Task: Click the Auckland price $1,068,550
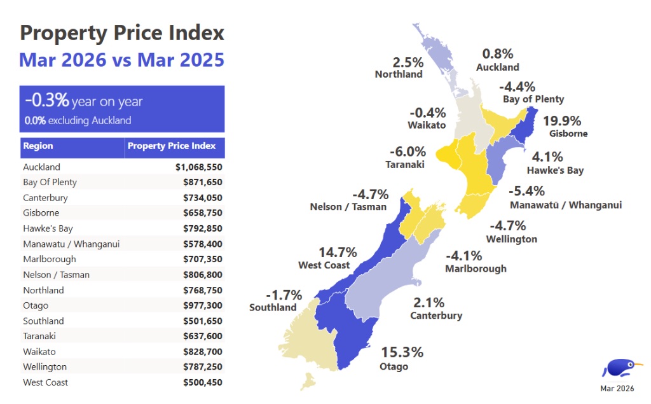[x=198, y=167]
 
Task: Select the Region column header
[x=38, y=146]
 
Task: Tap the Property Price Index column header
[x=172, y=146]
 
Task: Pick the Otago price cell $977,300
[x=203, y=305]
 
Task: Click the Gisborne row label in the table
[x=41, y=212]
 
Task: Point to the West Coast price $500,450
[x=203, y=382]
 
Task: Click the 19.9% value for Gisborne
[x=562, y=121]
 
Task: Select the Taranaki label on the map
[x=405, y=165]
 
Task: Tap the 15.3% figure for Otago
[x=402, y=352]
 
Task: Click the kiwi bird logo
[x=620, y=368]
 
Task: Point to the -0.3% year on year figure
[x=46, y=100]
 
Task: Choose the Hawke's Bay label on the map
[x=555, y=171]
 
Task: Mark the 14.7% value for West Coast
[x=338, y=253]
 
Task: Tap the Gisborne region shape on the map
[x=524, y=125]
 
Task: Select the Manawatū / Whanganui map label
[x=566, y=205]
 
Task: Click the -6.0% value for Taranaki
[x=408, y=151]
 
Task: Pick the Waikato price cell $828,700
[x=203, y=352]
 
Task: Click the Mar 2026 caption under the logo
[x=617, y=389]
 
